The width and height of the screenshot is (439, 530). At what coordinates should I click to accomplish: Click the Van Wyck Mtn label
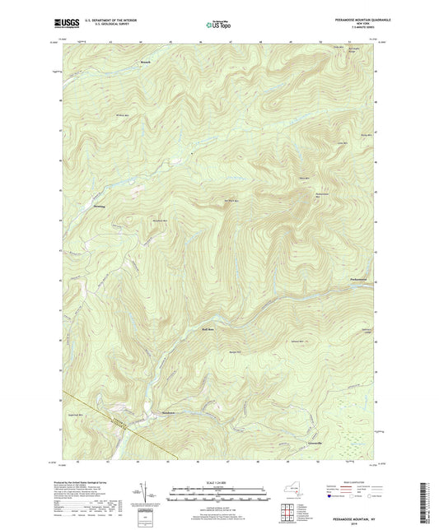click(x=232, y=201)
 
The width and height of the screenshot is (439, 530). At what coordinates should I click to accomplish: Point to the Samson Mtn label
click(x=297, y=341)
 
